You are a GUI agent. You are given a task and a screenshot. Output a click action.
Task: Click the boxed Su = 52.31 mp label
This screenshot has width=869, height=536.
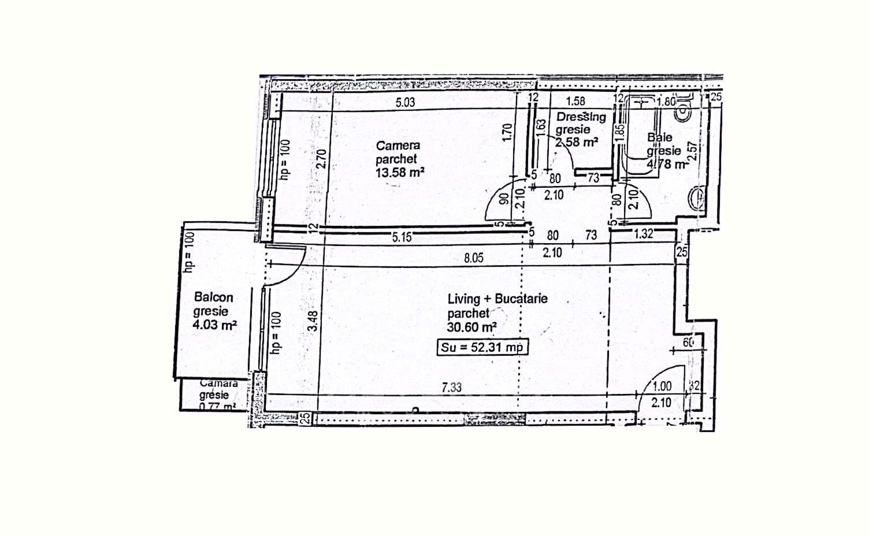(x=481, y=347)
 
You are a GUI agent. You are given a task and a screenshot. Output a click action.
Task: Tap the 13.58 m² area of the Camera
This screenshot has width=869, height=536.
(x=400, y=172)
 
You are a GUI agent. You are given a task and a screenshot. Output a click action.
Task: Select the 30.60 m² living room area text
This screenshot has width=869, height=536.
(x=472, y=327)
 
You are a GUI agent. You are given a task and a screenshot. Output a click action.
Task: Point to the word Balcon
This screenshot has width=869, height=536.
(x=214, y=297)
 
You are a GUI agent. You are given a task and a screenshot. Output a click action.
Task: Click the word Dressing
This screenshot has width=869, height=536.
(x=581, y=117)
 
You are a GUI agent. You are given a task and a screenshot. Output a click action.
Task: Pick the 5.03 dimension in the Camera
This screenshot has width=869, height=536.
(x=405, y=103)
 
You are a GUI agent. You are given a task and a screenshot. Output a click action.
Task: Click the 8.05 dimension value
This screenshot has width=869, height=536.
(x=474, y=258)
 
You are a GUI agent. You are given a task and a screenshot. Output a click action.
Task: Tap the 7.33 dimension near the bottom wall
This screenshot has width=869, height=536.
(x=451, y=388)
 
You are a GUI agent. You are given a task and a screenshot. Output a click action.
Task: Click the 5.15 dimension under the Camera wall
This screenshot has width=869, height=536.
(x=402, y=237)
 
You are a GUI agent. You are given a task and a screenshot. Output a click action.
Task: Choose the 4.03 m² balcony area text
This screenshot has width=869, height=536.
(x=215, y=325)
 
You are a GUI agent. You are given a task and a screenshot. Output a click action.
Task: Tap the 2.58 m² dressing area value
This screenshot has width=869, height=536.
(x=576, y=142)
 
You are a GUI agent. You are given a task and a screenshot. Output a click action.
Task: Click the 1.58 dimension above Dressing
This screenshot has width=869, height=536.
(x=575, y=102)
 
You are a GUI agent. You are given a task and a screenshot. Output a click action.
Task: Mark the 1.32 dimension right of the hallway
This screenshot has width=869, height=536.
(x=643, y=234)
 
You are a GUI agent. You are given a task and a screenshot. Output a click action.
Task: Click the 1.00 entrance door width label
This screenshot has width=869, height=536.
(x=662, y=386)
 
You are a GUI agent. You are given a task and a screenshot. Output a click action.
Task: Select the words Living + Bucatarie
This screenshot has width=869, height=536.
(x=497, y=299)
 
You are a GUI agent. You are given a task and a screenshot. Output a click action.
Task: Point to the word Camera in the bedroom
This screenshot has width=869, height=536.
(x=398, y=146)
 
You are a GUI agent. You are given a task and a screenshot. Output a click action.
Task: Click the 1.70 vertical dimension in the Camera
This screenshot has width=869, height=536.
(x=508, y=133)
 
